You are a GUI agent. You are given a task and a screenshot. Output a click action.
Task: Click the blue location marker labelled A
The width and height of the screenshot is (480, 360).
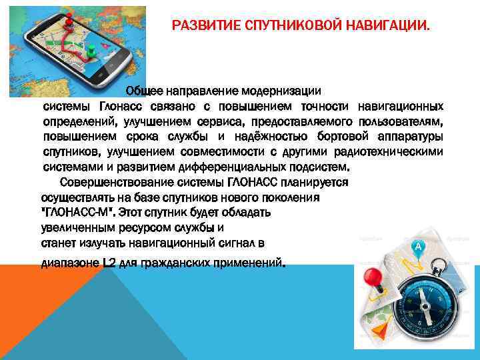[x=419, y=247]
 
